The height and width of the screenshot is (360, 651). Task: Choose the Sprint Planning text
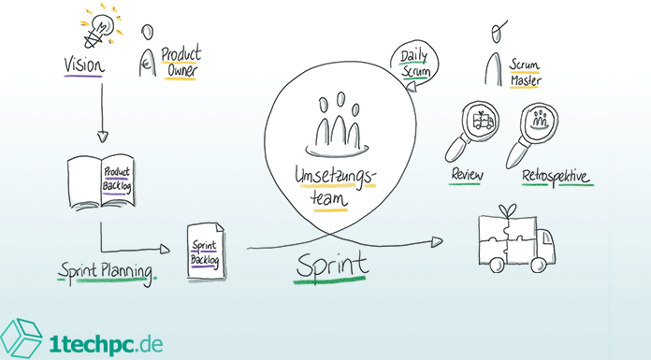pyautogui.click(x=105, y=271)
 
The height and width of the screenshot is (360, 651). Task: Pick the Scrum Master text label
pyautogui.click(x=527, y=72)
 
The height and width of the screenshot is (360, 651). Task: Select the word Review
pyautogui.click(x=468, y=175)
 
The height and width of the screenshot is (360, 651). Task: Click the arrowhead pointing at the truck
pyautogui.click(x=436, y=241)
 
